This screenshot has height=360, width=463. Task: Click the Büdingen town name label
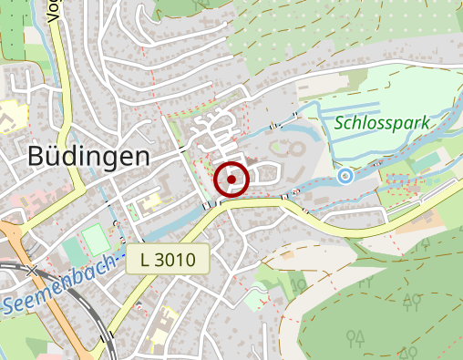(x=88, y=156)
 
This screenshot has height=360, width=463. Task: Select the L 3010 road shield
(x=169, y=260)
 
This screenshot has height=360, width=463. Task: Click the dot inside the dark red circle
(x=232, y=180)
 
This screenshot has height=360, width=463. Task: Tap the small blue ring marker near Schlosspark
(x=345, y=176)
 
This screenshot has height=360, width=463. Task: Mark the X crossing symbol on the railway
(x=33, y=271)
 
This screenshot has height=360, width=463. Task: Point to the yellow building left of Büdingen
(x=11, y=115)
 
